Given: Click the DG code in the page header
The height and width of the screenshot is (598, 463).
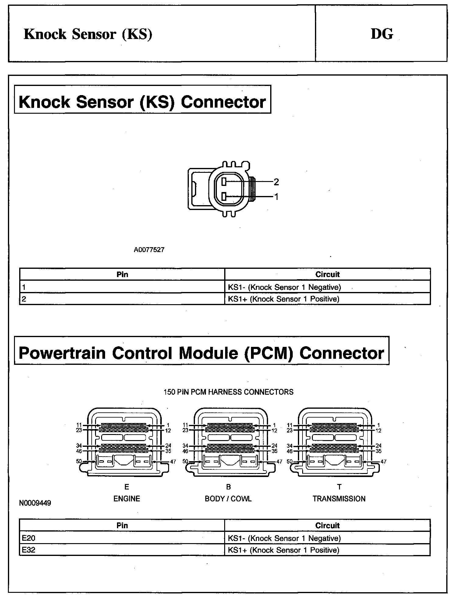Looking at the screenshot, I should [382, 34].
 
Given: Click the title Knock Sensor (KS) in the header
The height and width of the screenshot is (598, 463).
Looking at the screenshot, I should [88, 34].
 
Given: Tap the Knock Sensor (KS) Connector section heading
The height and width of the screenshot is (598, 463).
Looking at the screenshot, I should [142, 102].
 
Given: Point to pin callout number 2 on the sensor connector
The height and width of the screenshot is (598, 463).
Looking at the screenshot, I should [276, 182].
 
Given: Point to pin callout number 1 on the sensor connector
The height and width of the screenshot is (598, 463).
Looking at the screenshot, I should [276, 197].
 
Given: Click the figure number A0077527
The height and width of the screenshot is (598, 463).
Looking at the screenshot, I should [149, 250].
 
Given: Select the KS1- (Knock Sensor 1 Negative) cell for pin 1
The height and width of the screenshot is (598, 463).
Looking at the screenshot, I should [284, 287].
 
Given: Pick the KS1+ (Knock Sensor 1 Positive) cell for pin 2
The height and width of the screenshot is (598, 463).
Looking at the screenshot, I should [283, 299].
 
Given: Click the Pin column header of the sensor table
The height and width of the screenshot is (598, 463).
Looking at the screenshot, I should [122, 274].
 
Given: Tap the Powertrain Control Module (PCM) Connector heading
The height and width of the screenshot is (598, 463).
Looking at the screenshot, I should [201, 353].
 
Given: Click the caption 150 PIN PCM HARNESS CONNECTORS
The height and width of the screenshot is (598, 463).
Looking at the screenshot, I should [228, 392].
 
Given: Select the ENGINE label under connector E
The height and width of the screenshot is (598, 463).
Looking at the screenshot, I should [127, 499].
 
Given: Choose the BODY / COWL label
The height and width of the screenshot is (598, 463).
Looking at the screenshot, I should [228, 499].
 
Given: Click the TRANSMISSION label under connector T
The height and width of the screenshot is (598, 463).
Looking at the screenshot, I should [339, 499].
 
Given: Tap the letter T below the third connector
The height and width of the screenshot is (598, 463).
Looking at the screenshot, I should [339, 487].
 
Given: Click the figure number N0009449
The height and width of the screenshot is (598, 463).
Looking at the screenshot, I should [35, 503].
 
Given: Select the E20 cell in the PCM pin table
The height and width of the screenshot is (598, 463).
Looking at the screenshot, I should [29, 538].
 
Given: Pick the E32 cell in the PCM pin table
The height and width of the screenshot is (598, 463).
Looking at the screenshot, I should [29, 550].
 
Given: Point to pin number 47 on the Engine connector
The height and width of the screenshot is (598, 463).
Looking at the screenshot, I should [173, 462].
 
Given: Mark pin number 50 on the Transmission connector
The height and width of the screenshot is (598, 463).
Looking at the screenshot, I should [290, 461].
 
